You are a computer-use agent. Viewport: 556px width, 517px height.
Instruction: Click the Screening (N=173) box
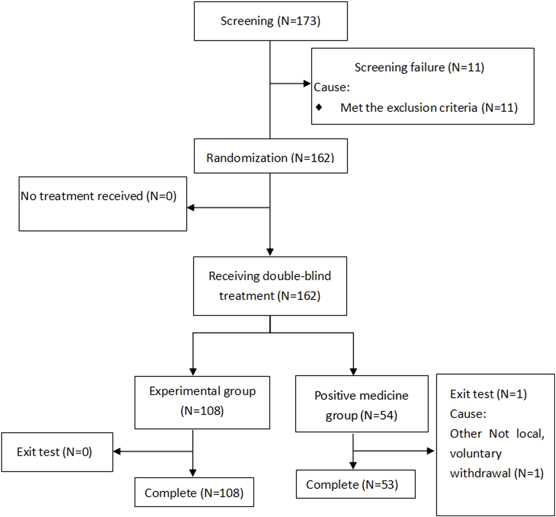pyautogui.click(x=270, y=21)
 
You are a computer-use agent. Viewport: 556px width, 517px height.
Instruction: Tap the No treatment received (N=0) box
pyautogui.click(x=103, y=204)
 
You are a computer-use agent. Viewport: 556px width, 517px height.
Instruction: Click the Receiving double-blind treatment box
pyautogui.click(x=270, y=286)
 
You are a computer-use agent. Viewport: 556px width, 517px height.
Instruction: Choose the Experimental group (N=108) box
pyautogui.click(x=202, y=402)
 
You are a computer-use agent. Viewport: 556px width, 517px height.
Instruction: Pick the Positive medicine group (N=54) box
pyautogui.click(x=362, y=404)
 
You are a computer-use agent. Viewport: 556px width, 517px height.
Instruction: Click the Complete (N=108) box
pyautogui.click(x=194, y=492)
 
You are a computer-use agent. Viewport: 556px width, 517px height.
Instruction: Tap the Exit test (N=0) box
pyautogui.click(x=57, y=452)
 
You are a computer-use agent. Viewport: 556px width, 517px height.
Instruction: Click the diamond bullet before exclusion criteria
pyautogui.click(x=319, y=107)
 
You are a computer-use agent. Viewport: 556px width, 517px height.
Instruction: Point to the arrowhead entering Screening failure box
pyautogui.click(x=307, y=84)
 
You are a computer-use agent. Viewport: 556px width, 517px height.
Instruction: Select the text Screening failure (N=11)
pyautogui.click(x=419, y=67)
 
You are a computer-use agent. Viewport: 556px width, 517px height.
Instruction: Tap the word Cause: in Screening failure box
pyautogui.click(x=332, y=87)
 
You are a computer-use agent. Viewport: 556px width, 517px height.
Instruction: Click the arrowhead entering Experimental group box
pyautogui.click(x=193, y=372)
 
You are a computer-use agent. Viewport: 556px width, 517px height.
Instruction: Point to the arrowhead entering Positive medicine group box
pyautogui.click(x=353, y=372)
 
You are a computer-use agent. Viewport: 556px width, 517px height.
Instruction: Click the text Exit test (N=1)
pyautogui.click(x=488, y=394)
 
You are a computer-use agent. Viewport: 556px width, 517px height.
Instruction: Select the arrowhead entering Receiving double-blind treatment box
pyautogui.click(x=270, y=252)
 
